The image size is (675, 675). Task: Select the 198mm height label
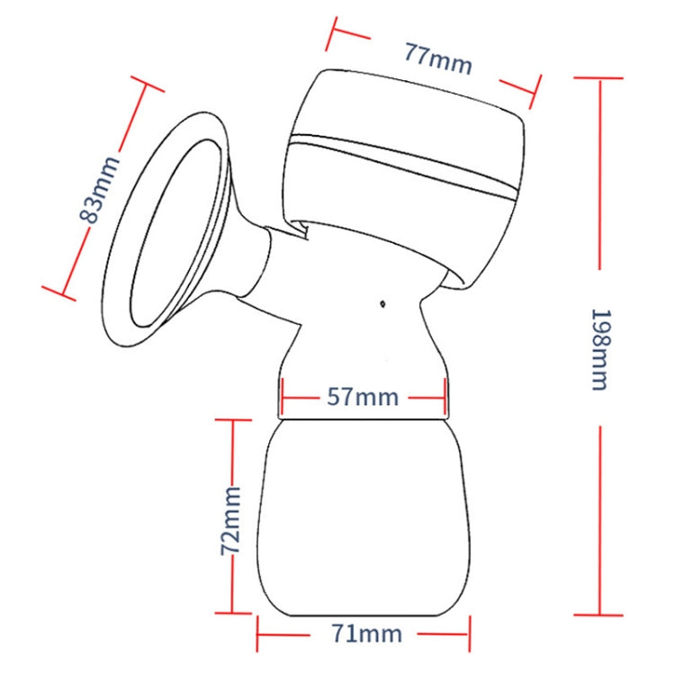click(x=598, y=349)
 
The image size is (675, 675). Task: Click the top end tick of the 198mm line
click(x=598, y=78)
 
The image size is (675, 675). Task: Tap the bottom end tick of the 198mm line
click(x=598, y=615)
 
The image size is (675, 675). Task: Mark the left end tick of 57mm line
click(x=282, y=397)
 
